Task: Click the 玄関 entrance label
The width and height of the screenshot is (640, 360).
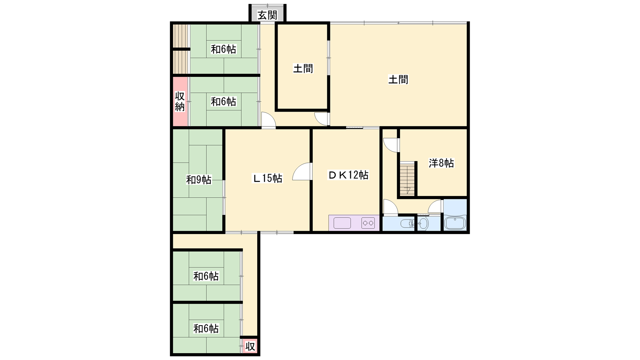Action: [268, 15]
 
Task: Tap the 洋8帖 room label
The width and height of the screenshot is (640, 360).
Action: [441, 163]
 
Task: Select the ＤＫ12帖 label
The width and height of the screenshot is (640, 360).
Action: [348, 175]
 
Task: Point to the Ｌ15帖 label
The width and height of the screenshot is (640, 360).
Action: [268, 178]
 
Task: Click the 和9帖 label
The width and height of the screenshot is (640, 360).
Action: [199, 180]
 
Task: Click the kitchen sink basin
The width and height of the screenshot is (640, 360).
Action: [342, 223]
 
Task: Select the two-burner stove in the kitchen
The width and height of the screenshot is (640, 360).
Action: [368, 223]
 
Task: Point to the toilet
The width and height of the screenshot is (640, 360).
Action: [407, 224]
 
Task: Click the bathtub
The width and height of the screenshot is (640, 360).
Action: [456, 223]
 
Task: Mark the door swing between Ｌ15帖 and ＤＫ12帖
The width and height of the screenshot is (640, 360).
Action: [302, 172]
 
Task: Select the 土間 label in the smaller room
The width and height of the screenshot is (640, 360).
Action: [303, 68]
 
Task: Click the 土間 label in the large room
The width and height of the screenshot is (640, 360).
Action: [398, 80]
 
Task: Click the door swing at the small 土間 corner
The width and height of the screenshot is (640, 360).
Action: [322, 119]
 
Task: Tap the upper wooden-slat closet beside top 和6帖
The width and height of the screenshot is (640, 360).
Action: [180, 36]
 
